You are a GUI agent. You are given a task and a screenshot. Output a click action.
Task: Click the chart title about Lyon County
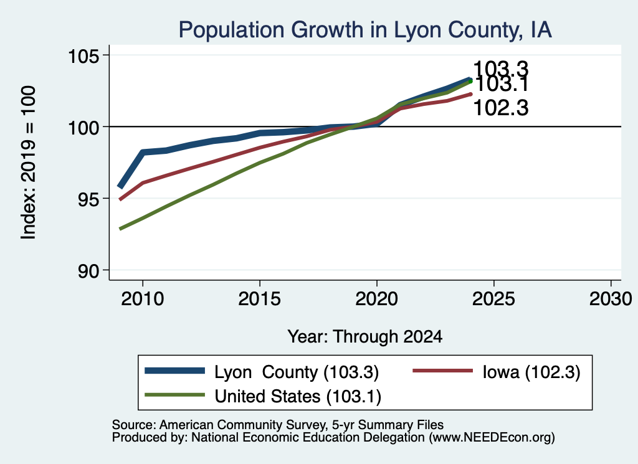(365, 30)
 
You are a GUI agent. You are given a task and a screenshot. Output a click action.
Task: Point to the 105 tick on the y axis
(83, 56)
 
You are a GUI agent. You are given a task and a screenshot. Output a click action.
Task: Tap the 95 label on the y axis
(88, 199)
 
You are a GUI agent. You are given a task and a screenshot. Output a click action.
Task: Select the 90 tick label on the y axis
(88, 271)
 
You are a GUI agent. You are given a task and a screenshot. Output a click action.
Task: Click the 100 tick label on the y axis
(83, 128)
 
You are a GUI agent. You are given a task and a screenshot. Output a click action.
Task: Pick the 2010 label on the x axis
(143, 299)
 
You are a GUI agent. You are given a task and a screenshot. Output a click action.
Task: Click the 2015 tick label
(260, 299)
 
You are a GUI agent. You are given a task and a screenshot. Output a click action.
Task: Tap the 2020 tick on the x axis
(377, 299)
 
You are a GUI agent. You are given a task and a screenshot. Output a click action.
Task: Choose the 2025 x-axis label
(493, 299)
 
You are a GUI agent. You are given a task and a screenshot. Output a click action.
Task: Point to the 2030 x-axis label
(611, 299)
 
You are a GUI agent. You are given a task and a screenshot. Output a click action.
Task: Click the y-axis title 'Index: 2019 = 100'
(28, 163)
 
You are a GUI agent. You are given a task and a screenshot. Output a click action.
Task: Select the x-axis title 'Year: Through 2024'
(365, 337)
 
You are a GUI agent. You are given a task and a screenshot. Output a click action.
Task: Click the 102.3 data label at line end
(501, 108)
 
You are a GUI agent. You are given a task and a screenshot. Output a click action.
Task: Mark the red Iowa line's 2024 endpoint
(471, 94)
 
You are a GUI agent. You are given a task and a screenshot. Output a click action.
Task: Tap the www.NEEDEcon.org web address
(492, 438)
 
